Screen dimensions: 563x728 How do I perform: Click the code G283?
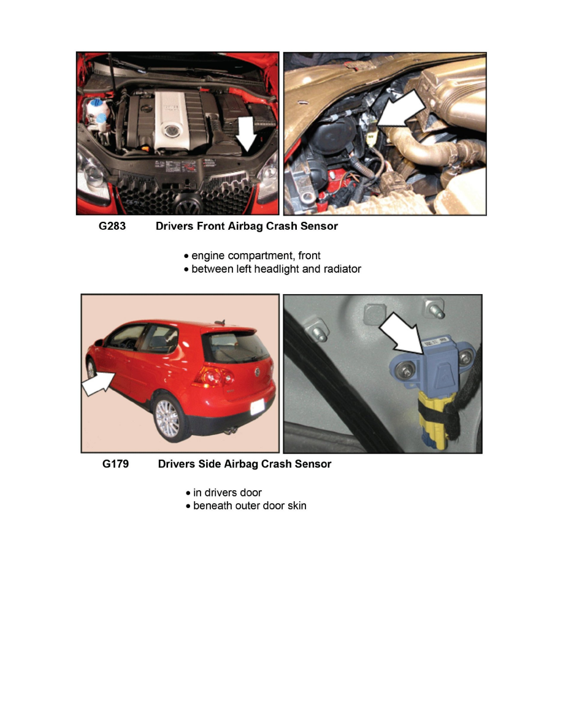[112, 226]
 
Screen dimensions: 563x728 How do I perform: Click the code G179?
[115, 464]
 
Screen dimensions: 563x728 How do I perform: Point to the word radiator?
[342, 269]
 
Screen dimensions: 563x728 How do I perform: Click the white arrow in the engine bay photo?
[247, 134]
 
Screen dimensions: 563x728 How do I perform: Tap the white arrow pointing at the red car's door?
[98, 384]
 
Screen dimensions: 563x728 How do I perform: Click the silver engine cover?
[171, 121]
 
